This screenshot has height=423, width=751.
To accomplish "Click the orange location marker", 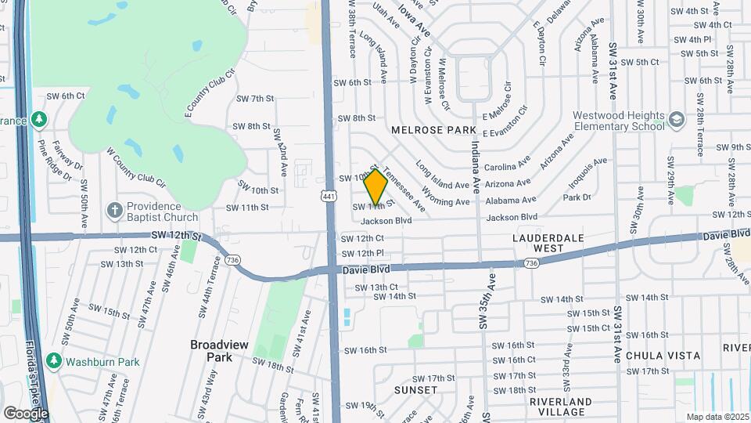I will pos(375,186).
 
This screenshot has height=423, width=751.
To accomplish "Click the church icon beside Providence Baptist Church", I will pos(114,211).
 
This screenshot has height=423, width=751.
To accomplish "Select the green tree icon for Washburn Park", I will pos(54,362).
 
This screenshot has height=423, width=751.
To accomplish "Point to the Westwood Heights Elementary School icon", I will pos(676,120).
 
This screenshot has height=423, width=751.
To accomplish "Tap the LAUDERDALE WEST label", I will pos(538,242).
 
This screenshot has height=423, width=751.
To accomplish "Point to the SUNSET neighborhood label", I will pos(415,389).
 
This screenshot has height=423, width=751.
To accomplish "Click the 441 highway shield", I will pos(329,196).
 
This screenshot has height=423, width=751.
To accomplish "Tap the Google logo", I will pos(26,413).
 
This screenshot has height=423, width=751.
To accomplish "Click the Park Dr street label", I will pos(577,197).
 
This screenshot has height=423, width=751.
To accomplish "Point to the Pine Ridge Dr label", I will pos(55,161).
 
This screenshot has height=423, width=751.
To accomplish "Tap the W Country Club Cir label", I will pos(135,167).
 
